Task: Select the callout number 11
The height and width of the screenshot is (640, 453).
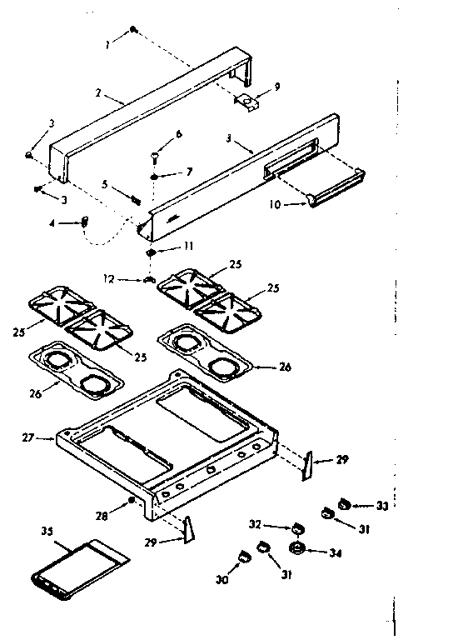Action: (188, 247)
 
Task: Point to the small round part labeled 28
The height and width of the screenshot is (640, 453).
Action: (132, 501)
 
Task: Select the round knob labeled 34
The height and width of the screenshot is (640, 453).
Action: (296, 549)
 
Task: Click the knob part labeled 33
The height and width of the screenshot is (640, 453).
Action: (342, 503)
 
